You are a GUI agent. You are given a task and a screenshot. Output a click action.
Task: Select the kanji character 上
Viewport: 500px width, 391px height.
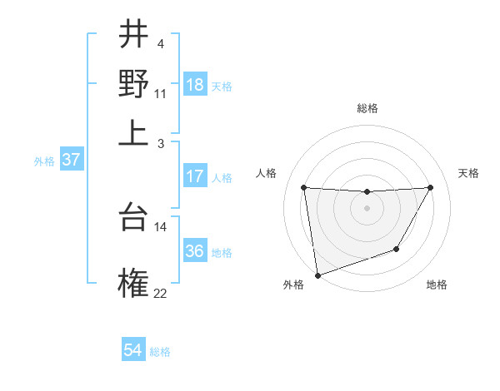(x=133, y=133)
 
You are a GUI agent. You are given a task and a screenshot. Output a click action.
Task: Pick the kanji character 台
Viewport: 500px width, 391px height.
(x=133, y=217)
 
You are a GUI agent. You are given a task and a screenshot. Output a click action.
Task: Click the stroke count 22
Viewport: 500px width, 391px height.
(x=160, y=293)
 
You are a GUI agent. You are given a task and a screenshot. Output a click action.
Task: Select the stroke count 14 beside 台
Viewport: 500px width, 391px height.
(x=160, y=226)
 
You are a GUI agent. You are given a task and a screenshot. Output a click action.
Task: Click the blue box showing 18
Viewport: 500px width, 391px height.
(x=195, y=85)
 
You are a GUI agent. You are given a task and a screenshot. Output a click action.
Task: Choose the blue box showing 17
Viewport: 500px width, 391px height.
(x=195, y=176)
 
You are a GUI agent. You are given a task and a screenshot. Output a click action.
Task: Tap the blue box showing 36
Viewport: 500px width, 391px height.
(x=195, y=251)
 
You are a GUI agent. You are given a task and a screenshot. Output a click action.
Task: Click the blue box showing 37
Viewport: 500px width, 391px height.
(x=71, y=161)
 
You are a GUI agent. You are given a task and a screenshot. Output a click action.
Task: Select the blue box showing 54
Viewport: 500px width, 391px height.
(x=133, y=351)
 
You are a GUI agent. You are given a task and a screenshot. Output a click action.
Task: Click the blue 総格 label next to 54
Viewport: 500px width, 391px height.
(x=160, y=352)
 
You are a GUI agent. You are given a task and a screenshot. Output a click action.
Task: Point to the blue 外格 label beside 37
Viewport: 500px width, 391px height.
(x=43, y=161)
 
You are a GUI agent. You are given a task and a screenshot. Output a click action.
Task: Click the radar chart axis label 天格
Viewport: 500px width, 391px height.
(x=468, y=173)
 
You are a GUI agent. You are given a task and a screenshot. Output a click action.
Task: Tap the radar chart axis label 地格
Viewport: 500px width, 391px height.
(x=437, y=285)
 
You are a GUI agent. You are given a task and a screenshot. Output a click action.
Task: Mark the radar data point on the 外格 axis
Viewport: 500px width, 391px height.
(x=317, y=275)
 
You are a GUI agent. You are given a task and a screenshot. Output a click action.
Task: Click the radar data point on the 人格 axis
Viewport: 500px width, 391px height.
(x=303, y=187)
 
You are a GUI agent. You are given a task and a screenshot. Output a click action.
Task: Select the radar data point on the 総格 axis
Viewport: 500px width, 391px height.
(x=367, y=192)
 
